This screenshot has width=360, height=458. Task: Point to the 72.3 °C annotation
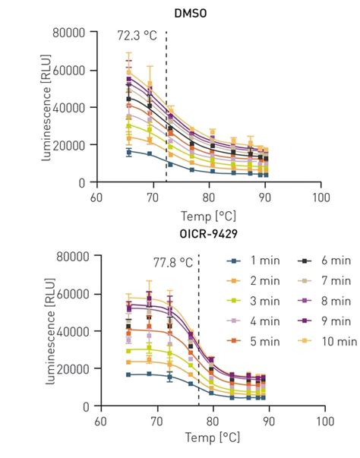(137, 35)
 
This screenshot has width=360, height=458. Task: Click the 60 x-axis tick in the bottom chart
(99, 421)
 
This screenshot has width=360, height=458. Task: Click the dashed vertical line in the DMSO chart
(166, 114)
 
